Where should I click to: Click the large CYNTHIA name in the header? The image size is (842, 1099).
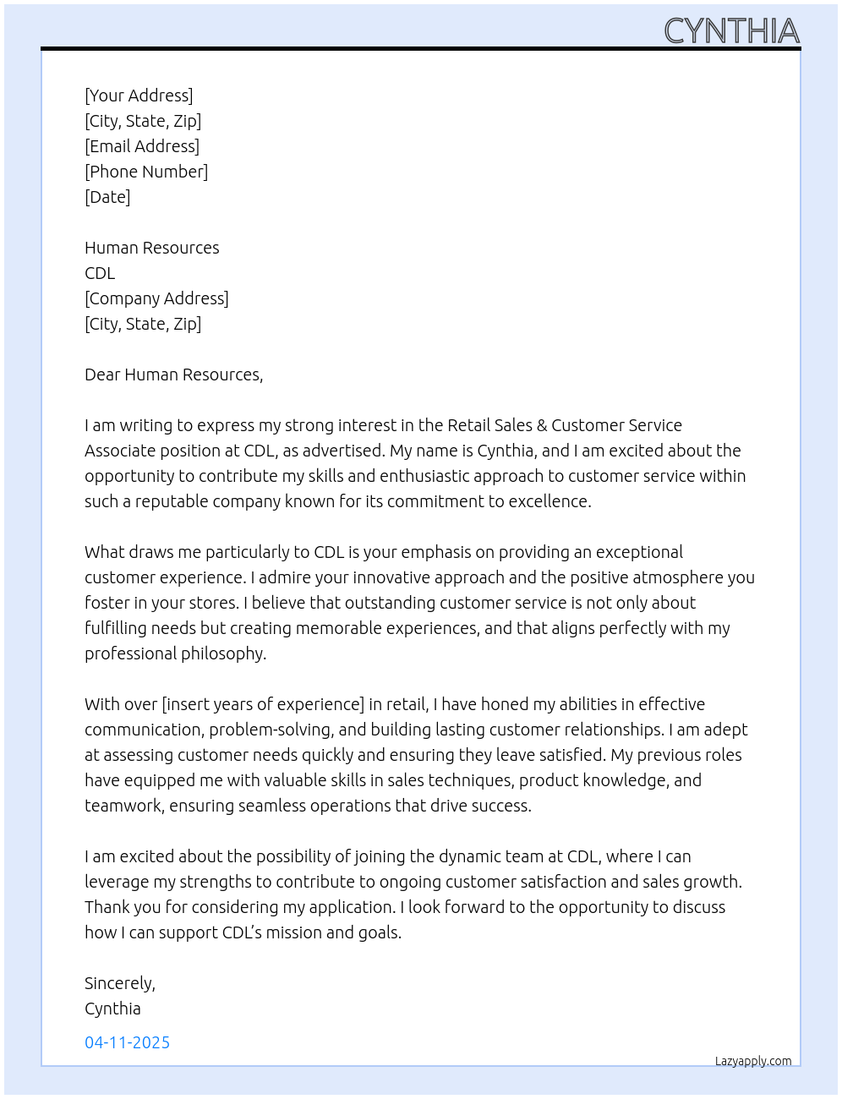pyautogui.click(x=731, y=31)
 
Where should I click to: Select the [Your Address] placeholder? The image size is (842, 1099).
pyautogui.click(x=139, y=96)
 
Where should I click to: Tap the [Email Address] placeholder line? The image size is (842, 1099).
pyautogui.click(x=142, y=146)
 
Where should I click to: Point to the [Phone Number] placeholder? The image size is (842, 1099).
pyautogui.click(x=146, y=172)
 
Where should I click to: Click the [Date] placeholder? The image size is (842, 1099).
pyautogui.click(x=107, y=197)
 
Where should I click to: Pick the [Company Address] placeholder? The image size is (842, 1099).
pyautogui.click(x=156, y=298)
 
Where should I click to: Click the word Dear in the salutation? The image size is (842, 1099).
pyautogui.click(x=102, y=375)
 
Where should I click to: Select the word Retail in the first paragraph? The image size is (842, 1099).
pyautogui.click(x=467, y=425)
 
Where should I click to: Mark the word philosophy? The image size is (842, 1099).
pyautogui.click(x=222, y=653)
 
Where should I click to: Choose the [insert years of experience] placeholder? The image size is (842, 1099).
pyautogui.click(x=263, y=704)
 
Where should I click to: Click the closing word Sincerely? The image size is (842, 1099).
pyautogui.click(x=119, y=983)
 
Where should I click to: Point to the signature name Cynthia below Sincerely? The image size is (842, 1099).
pyautogui.click(x=112, y=1009)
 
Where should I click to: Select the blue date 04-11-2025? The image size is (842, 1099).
pyautogui.click(x=127, y=1042)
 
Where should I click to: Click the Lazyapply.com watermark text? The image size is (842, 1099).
pyautogui.click(x=753, y=1061)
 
